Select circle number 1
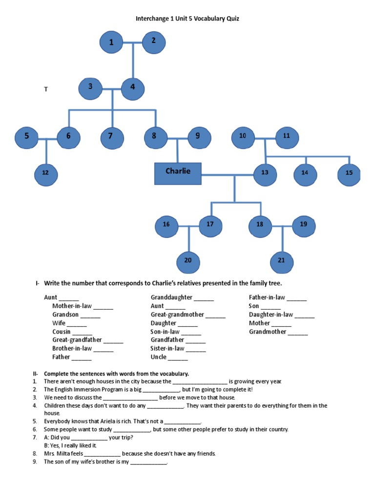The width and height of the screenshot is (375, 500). tap(111, 42)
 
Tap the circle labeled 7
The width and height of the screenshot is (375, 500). tap(112, 137)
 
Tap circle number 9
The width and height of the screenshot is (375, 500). tap(197, 137)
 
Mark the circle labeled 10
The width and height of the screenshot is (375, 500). tap(243, 137)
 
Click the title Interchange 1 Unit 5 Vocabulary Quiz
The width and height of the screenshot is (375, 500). tap(187, 19)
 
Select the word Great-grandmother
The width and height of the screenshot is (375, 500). tap(177, 314)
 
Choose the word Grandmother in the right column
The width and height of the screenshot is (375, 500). tap(268, 332)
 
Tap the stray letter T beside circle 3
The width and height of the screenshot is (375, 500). tap(46, 89)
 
